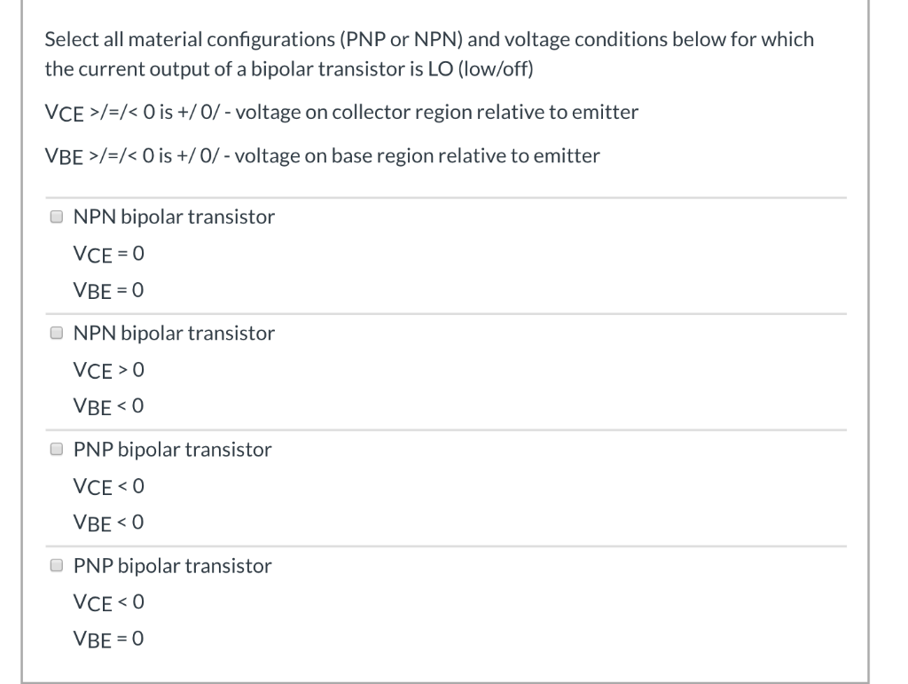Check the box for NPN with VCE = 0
[57, 216]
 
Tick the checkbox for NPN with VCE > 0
[57, 333]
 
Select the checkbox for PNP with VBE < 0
[57, 449]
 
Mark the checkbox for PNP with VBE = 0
[57, 565]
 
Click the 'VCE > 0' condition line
[108, 370]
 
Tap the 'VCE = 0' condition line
[108, 254]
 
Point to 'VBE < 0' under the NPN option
[108, 406]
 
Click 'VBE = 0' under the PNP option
[108, 639]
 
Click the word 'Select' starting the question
[67, 40]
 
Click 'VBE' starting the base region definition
[63, 157]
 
